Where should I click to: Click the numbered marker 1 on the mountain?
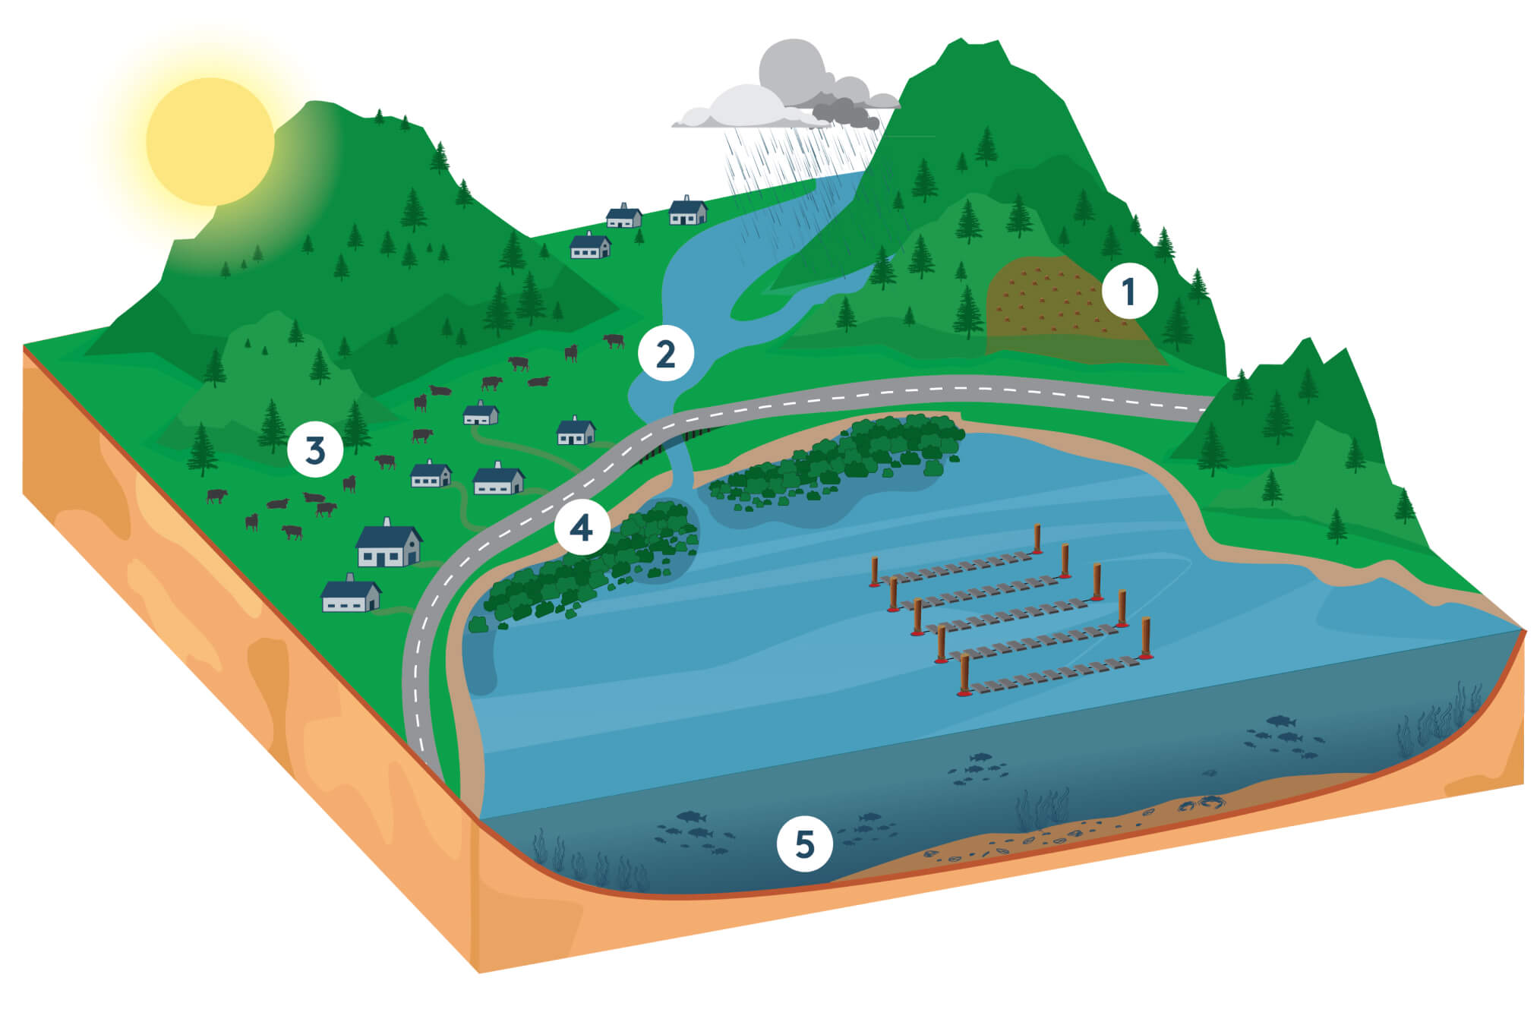coord(1129,291)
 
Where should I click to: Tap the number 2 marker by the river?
coord(665,354)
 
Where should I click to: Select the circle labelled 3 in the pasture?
coord(315,450)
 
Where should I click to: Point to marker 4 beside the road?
coord(582,528)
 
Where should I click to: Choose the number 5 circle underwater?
coord(804,844)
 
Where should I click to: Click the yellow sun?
coord(210,141)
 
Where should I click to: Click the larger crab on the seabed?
coord(1212,800)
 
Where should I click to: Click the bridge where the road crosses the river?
coord(676,440)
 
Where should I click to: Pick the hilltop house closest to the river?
coord(687,210)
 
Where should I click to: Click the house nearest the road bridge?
coord(576,431)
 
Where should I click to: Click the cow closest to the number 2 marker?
coord(613,340)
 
